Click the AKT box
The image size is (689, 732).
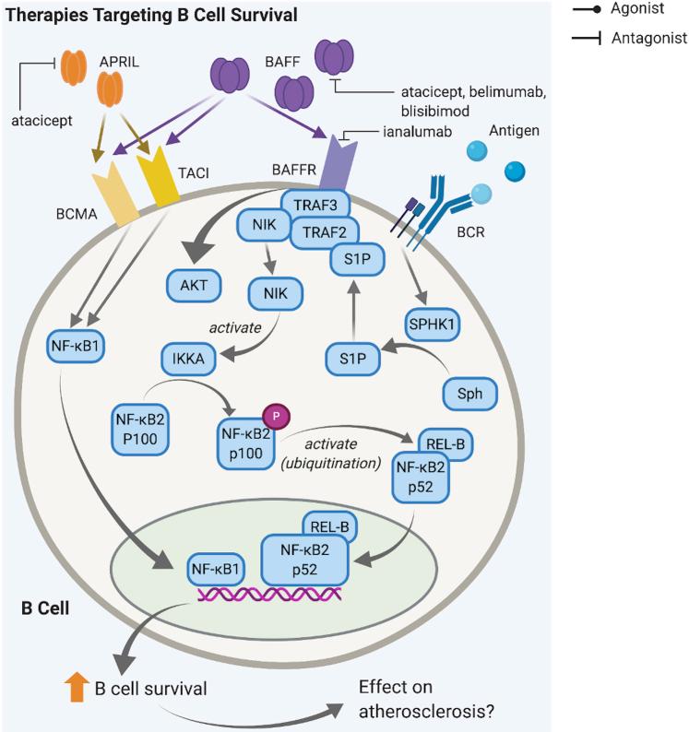194,286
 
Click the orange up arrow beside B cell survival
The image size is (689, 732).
73,686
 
